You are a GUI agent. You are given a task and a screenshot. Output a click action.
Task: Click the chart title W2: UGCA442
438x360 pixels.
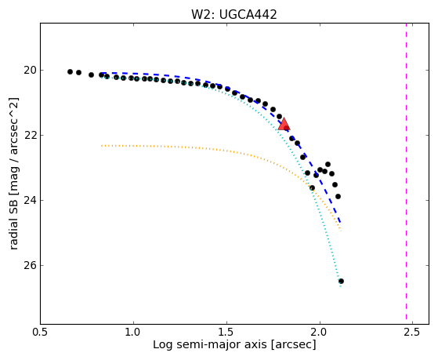(x=233, y=15)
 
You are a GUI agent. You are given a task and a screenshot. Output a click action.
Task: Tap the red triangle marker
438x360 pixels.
(x=284, y=124)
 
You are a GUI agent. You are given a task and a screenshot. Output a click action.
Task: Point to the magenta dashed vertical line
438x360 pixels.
(x=406, y=171)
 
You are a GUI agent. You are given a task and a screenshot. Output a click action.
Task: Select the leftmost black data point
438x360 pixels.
(x=70, y=72)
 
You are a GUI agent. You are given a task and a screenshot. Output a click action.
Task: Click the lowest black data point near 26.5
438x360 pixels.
(x=341, y=281)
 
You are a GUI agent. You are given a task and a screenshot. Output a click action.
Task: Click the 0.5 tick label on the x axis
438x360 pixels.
(x=41, y=333)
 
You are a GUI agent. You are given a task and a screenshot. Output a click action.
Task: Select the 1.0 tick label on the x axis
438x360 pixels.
(x=133, y=333)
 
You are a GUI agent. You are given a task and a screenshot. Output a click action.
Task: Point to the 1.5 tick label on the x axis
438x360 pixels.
(x=226, y=333)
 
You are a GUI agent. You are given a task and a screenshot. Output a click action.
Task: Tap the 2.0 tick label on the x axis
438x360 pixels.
(x=320, y=333)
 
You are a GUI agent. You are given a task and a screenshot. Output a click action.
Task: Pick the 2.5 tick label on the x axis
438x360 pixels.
(x=413, y=333)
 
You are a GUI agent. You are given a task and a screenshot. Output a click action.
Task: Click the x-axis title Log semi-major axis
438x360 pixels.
(x=210, y=344)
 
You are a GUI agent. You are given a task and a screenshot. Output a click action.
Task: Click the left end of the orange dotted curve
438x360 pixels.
(x=102, y=146)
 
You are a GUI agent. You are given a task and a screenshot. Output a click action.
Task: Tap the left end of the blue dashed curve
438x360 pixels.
(x=102, y=73)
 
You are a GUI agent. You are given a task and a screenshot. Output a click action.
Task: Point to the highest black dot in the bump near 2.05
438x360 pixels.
(x=328, y=164)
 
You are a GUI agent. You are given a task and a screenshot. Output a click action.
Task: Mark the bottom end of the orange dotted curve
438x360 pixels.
(x=341, y=231)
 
